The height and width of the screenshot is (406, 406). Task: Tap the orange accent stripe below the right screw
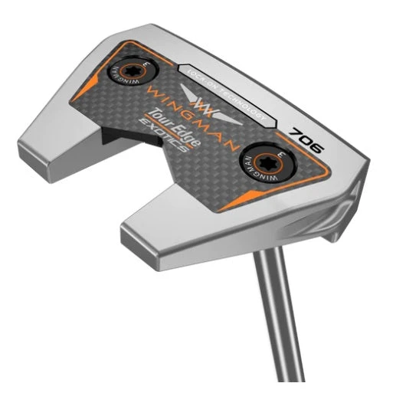(x=272, y=196)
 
